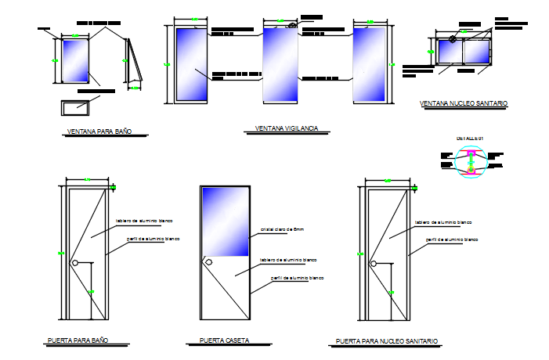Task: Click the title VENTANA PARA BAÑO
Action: pos(97,134)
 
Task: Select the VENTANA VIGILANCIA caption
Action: pos(287,128)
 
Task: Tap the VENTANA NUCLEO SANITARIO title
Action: pos(464,103)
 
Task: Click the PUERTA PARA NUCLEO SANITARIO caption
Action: pos(387,341)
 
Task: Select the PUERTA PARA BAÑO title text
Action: pos(77,341)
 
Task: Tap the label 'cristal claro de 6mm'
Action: pos(281,229)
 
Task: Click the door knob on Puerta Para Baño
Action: pos(75,264)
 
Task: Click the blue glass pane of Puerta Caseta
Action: pos(226,222)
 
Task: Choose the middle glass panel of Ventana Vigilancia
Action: pos(280,64)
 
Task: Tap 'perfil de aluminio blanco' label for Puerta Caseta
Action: pos(297,278)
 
